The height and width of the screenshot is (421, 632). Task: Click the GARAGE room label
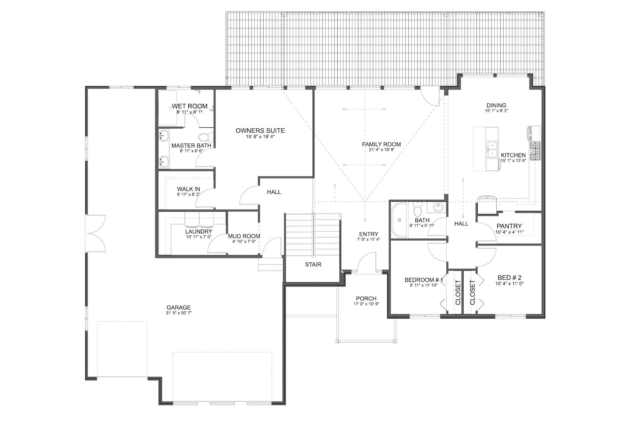(x=178, y=307)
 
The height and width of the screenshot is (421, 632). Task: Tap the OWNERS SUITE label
(x=260, y=131)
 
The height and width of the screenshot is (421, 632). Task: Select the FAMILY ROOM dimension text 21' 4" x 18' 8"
(x=381, y=150)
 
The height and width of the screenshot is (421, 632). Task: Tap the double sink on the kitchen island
(x=492, y=149)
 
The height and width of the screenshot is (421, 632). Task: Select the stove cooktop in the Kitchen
(x=535, y=151)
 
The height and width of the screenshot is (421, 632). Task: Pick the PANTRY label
(x=509, y=226)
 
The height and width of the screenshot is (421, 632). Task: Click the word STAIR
(x=313, y=265)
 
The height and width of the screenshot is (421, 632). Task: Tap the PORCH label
(x=366, y=299)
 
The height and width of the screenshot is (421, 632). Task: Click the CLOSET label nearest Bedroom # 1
(x=458, y=292)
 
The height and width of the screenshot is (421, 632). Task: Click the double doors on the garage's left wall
(x=96, y=233)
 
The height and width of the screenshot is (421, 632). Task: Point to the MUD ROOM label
(x=244, y=236)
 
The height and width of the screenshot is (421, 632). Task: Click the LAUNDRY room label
(x=199, y=232)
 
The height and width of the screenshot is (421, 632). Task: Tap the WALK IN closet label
(x=188, y=189)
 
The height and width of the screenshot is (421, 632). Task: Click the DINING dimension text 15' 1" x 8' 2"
(x=496, y=110)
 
